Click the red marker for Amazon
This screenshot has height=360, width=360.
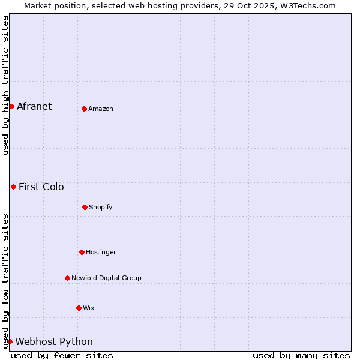tap(84, 109)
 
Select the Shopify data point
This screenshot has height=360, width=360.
tap(85, 207)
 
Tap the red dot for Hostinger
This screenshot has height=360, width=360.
tap(82, 252)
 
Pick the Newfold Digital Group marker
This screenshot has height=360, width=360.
tap(67, 278)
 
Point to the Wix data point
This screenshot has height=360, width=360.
tap(79, 308)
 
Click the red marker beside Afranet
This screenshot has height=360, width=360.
tap(11, 106)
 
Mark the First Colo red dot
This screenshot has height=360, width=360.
tap(13, 187)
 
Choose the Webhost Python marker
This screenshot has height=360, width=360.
tap(10, 341)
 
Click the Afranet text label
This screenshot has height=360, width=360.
tap(34, 106)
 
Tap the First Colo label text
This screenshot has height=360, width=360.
tap(41, 187)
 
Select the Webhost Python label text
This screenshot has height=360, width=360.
tap(54, 341)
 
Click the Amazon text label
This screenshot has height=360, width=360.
tap(101, 109)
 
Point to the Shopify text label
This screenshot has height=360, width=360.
tap(100, 207)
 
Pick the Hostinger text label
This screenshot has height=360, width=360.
tap(101, 252)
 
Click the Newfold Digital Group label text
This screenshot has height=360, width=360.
tap(106, 278)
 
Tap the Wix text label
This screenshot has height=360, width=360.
tap(89, 308)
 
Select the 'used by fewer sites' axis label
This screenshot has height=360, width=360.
tap(62, 355)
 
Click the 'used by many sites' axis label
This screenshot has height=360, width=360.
tap(301, 355)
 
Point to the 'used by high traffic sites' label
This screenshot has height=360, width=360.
tap(5, 85)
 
